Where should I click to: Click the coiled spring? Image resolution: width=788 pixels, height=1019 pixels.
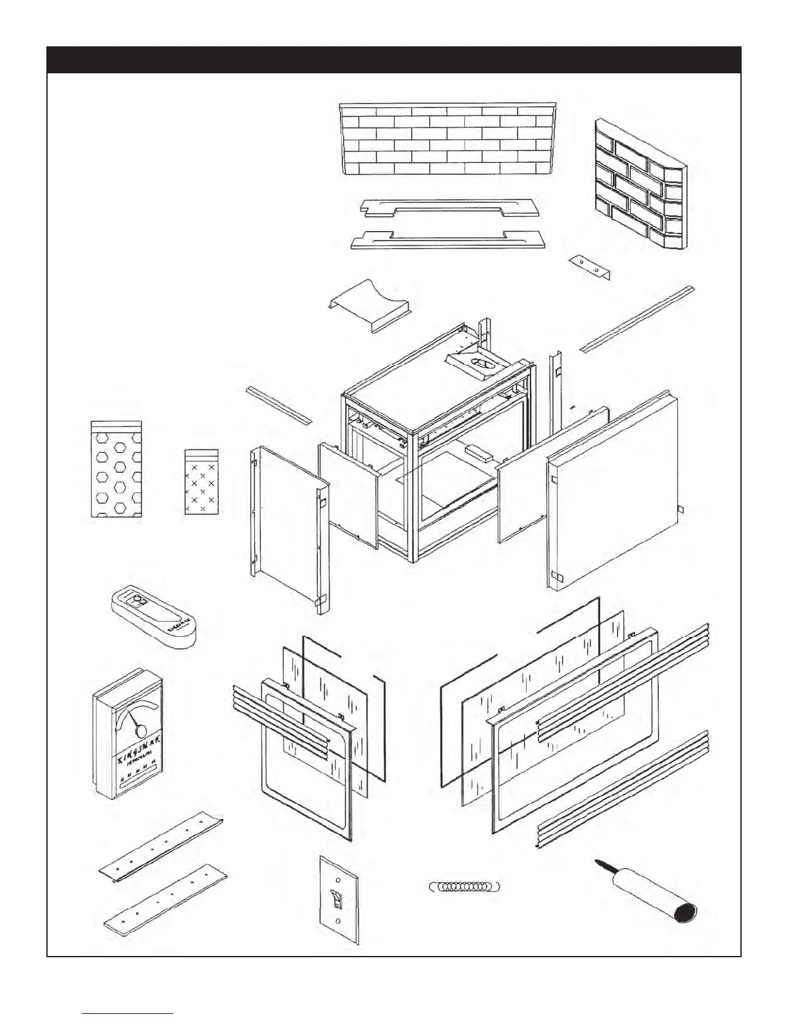pyautogui.click(x=464, y=886)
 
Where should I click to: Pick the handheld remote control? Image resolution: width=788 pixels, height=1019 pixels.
pyautogui.click(x=152, y=617)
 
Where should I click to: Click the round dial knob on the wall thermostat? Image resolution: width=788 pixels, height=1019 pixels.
pyautogui.click(x=140, y=731)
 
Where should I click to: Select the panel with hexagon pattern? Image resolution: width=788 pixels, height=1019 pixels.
pyautogui.click(x=117, y=470)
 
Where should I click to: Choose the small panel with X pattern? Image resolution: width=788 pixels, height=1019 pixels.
pyautogui.click(x=202, y=482)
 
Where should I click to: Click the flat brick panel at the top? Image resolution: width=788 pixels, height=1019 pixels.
pyautogui.click(x=447, y=138)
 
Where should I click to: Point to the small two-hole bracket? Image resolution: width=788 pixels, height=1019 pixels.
pyautogui.click(x=590, y=266)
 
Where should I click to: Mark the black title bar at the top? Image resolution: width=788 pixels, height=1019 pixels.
pyautogui.click(x=393, y=60)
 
